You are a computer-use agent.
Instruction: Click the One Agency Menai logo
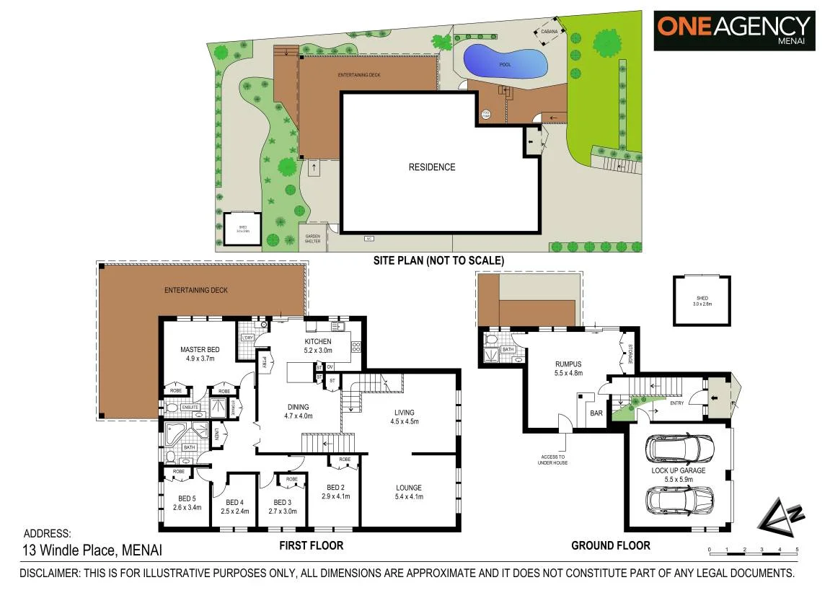tap(734, 30)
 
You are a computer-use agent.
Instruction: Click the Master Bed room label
tap(200, 353)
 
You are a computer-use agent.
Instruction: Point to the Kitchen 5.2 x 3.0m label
tap(318, 346)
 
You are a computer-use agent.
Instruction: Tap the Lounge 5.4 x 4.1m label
tap(407, 492)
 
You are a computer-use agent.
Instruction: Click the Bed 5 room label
tap(187, 502)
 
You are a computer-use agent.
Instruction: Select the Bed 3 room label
tap(283, 506)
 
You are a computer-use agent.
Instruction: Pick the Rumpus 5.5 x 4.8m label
tap(568, 369)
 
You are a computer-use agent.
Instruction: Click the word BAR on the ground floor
tap(596, 413)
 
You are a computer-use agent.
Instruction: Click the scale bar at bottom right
tap(753, 550)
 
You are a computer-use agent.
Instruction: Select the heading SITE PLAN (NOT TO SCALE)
tap(438, 260)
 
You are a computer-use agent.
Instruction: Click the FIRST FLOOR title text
tap(311, 545)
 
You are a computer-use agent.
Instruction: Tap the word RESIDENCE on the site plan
tap(432, 167)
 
